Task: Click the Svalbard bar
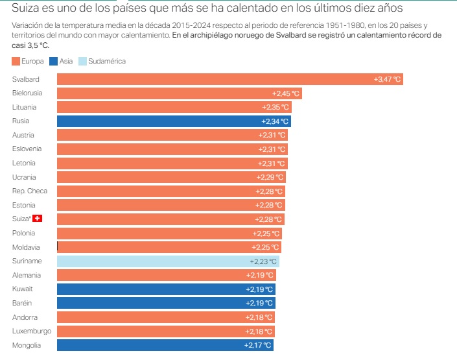(x=230, y=79)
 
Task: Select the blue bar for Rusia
(x=174, y=121)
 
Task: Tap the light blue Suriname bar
(x=168, y=261)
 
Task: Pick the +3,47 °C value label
(x=388, y=79)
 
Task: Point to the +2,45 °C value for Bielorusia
(x=285, y=93)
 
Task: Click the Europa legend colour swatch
(x=16, y=61)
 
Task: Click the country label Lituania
(x=24, y=107)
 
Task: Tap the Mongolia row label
(x=26, y=345)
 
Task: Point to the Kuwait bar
(x=165, y=289)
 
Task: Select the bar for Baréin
(x=165, y=303)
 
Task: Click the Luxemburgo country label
(x=32, y=331)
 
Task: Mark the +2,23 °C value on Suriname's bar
(x=263, y=261)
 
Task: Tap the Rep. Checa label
(x=29, y=191)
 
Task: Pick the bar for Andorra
(x=165, y=317)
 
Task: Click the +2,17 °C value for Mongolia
(x=257, y=345)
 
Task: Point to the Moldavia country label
(x=26, y=247)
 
